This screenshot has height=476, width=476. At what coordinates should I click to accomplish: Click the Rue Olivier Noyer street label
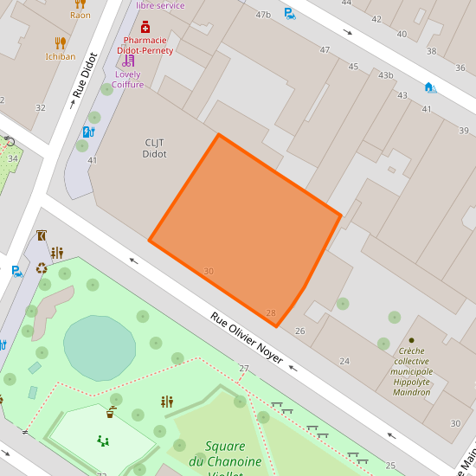pos(247,338)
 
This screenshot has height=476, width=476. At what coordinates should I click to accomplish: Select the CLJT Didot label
pos(154,148)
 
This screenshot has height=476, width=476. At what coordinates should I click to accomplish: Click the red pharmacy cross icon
pos(145,28)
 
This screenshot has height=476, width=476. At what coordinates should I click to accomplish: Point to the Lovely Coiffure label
pos(128,79)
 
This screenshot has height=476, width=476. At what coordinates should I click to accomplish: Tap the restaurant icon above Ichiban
pos(60,42)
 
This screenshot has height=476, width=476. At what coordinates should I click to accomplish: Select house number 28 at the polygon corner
pos(271,313)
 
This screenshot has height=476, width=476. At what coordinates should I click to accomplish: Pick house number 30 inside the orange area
pos(209,272)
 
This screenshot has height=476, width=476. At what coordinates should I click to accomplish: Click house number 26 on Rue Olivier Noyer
pos(300,331)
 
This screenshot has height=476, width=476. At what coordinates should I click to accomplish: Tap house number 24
pos(344,361)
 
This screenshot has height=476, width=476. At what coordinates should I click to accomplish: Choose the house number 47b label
pos(263,15)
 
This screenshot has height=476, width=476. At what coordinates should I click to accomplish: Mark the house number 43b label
pos(385,75)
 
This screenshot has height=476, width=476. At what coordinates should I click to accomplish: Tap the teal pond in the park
pos(100,347)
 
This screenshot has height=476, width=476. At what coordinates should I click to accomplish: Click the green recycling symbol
pos(42,268)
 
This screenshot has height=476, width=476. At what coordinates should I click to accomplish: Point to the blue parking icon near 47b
pos(290,14)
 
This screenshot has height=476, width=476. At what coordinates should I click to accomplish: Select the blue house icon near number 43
pos(429,87)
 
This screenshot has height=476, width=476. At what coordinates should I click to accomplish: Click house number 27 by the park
pos(244,370)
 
